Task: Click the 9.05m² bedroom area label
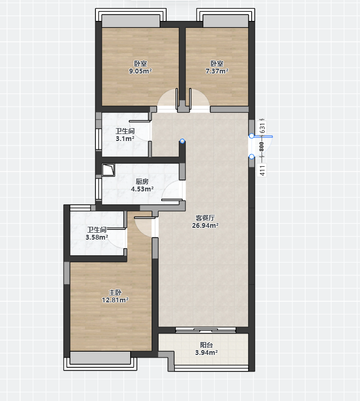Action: [140, 71]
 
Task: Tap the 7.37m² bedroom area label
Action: [217, 71]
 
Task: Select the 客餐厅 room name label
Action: [205, 218]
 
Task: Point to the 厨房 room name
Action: [142, 182]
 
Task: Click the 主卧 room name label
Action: [115, 293]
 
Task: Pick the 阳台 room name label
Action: [206, 345]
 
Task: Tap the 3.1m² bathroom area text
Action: [125, 139]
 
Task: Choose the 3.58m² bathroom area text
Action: [96, 237]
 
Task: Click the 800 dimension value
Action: [261, 147]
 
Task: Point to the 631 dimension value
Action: [262, 128]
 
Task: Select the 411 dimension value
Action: [262, 170]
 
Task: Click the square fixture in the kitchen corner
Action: [108, 170]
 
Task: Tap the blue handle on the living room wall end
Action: [182, 141]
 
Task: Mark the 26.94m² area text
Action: [205, 226]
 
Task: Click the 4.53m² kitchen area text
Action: [142, 189]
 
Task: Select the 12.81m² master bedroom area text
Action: [115, 300]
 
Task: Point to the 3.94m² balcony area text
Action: [206, 353]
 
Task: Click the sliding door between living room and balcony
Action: [206, 330]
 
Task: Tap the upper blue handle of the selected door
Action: [252, 136]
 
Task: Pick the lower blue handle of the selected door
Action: [252, 157]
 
